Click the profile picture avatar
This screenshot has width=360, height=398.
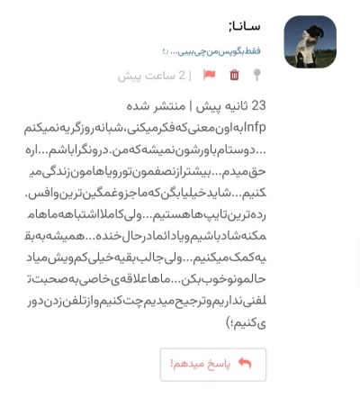point(310,41)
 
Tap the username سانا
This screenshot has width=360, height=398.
point(244,26)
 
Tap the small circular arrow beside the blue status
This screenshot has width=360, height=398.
point(166,51)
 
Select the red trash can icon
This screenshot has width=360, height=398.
point(235,76)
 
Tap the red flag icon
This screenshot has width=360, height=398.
point(210,76)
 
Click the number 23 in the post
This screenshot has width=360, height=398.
point(257,105)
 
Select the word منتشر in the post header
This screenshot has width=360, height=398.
point(168,105)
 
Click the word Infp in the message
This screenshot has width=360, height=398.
point(256,127)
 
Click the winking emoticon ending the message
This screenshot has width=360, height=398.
point(235,321)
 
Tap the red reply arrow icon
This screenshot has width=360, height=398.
point(244,364)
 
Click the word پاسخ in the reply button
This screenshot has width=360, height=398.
point(219,364)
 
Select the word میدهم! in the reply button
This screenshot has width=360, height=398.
point(187,364)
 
